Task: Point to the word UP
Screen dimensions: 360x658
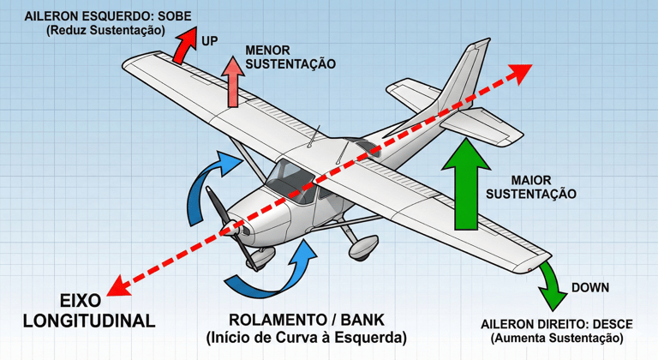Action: [x=209, y=41]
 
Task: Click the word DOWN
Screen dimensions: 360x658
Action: [x=589, y=288]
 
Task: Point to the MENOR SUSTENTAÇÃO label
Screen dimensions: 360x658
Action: [x=290, y=57]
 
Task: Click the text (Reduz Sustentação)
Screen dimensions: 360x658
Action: [x=105, y=31]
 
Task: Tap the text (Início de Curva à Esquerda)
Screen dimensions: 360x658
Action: [x=307, y=336]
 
